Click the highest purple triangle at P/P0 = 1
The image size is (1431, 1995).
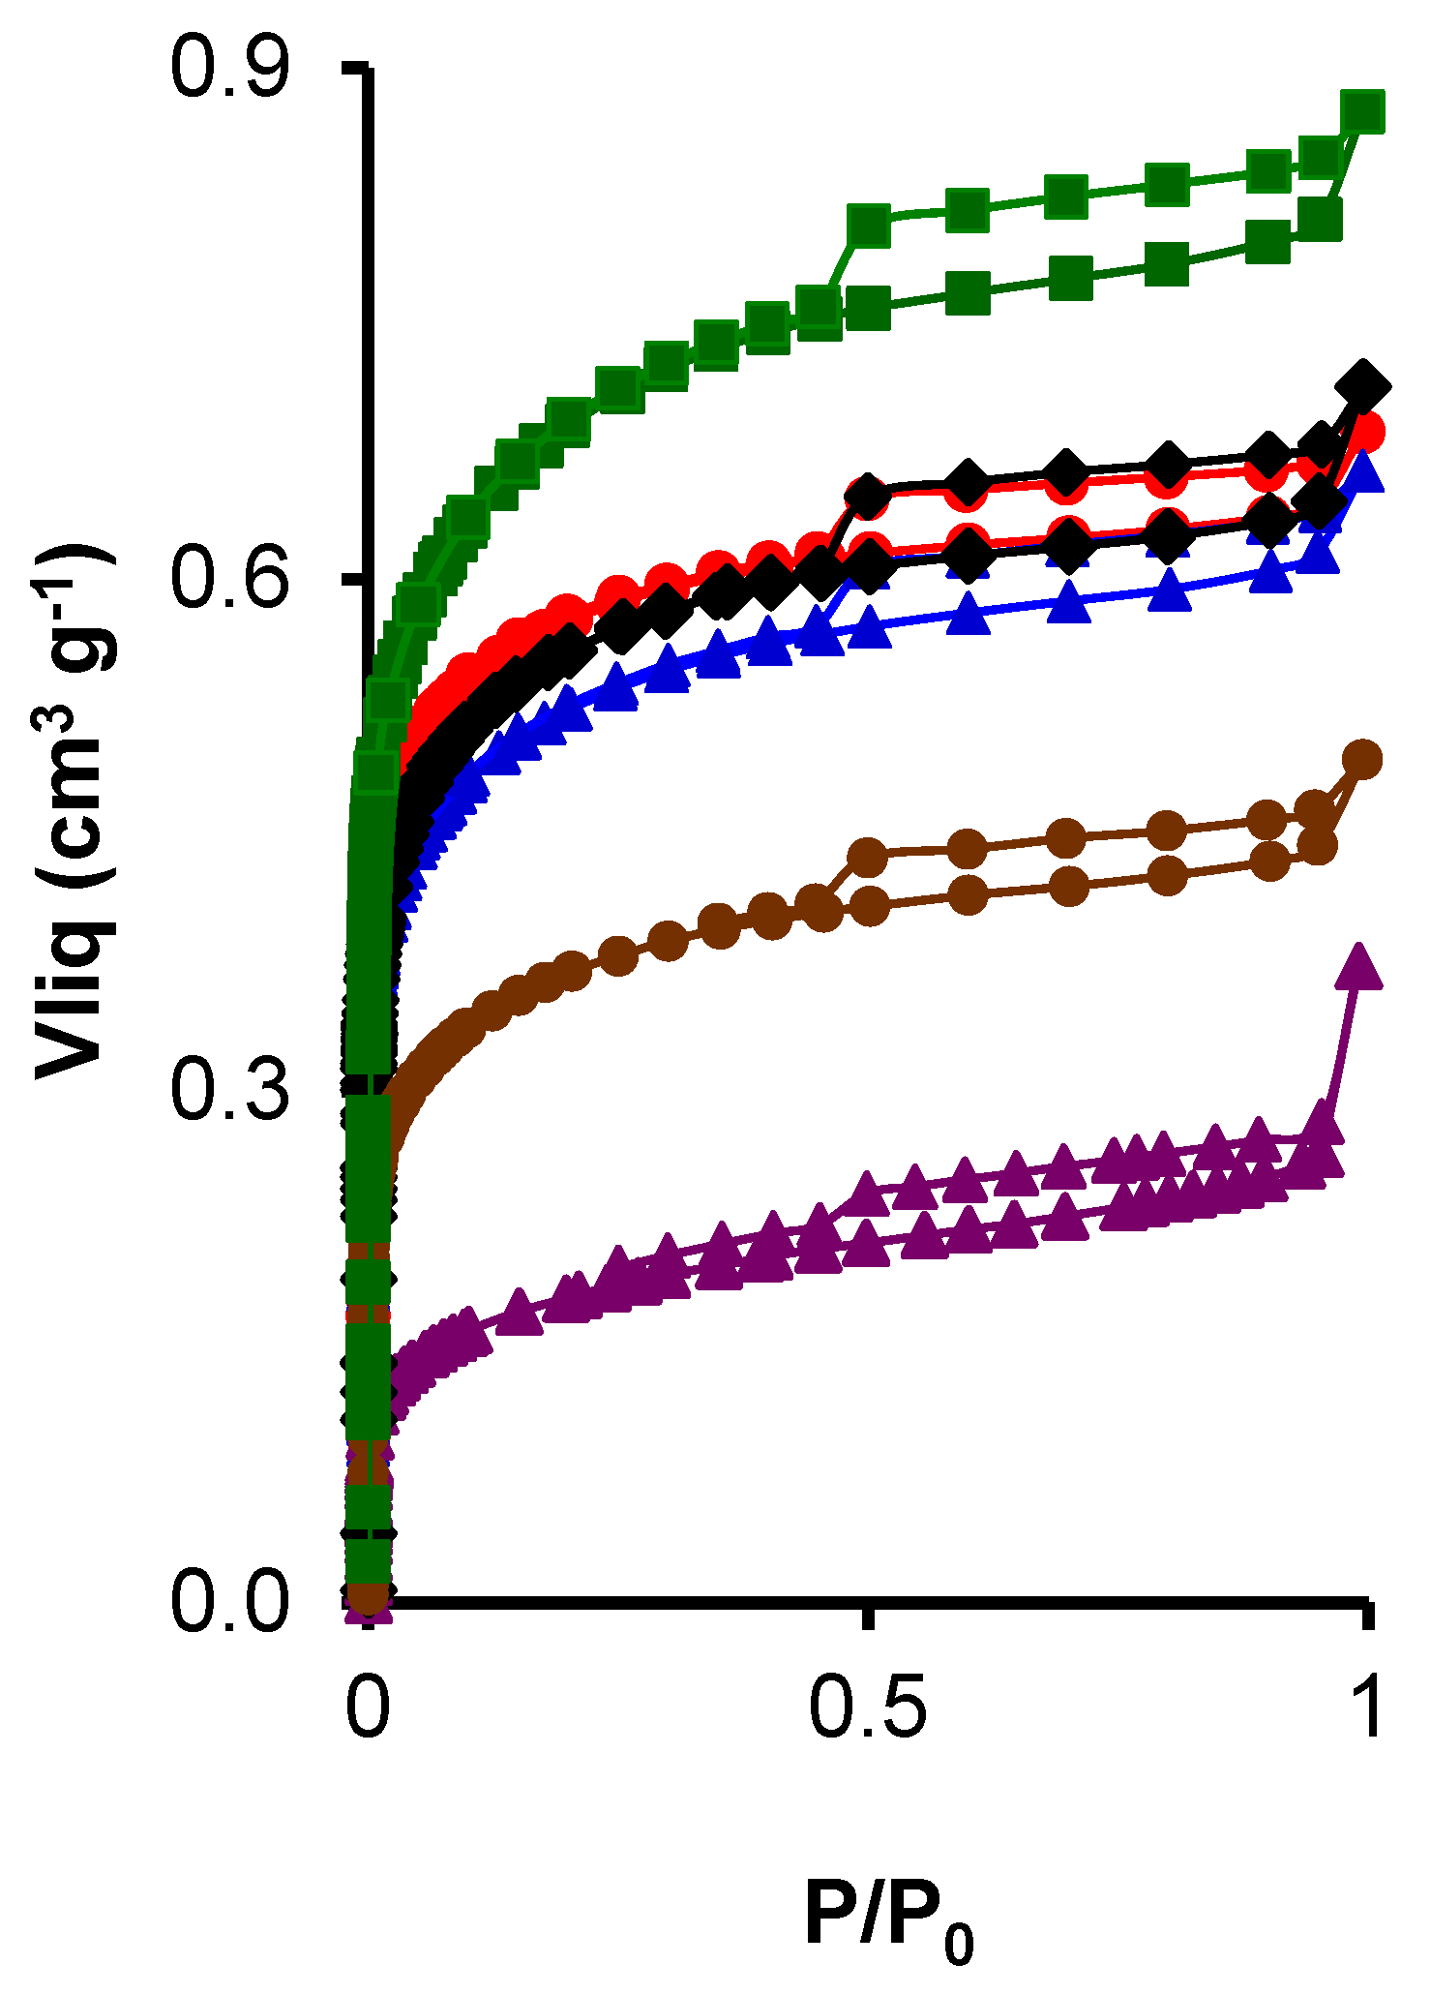tap(1358, 966)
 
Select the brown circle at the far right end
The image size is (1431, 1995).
tap(1364, 759)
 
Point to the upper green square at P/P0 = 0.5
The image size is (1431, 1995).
tap(868, 225)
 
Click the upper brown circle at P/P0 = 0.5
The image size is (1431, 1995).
tap(868, 856)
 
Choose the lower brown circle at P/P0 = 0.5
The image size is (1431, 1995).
tap(870, 906)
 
